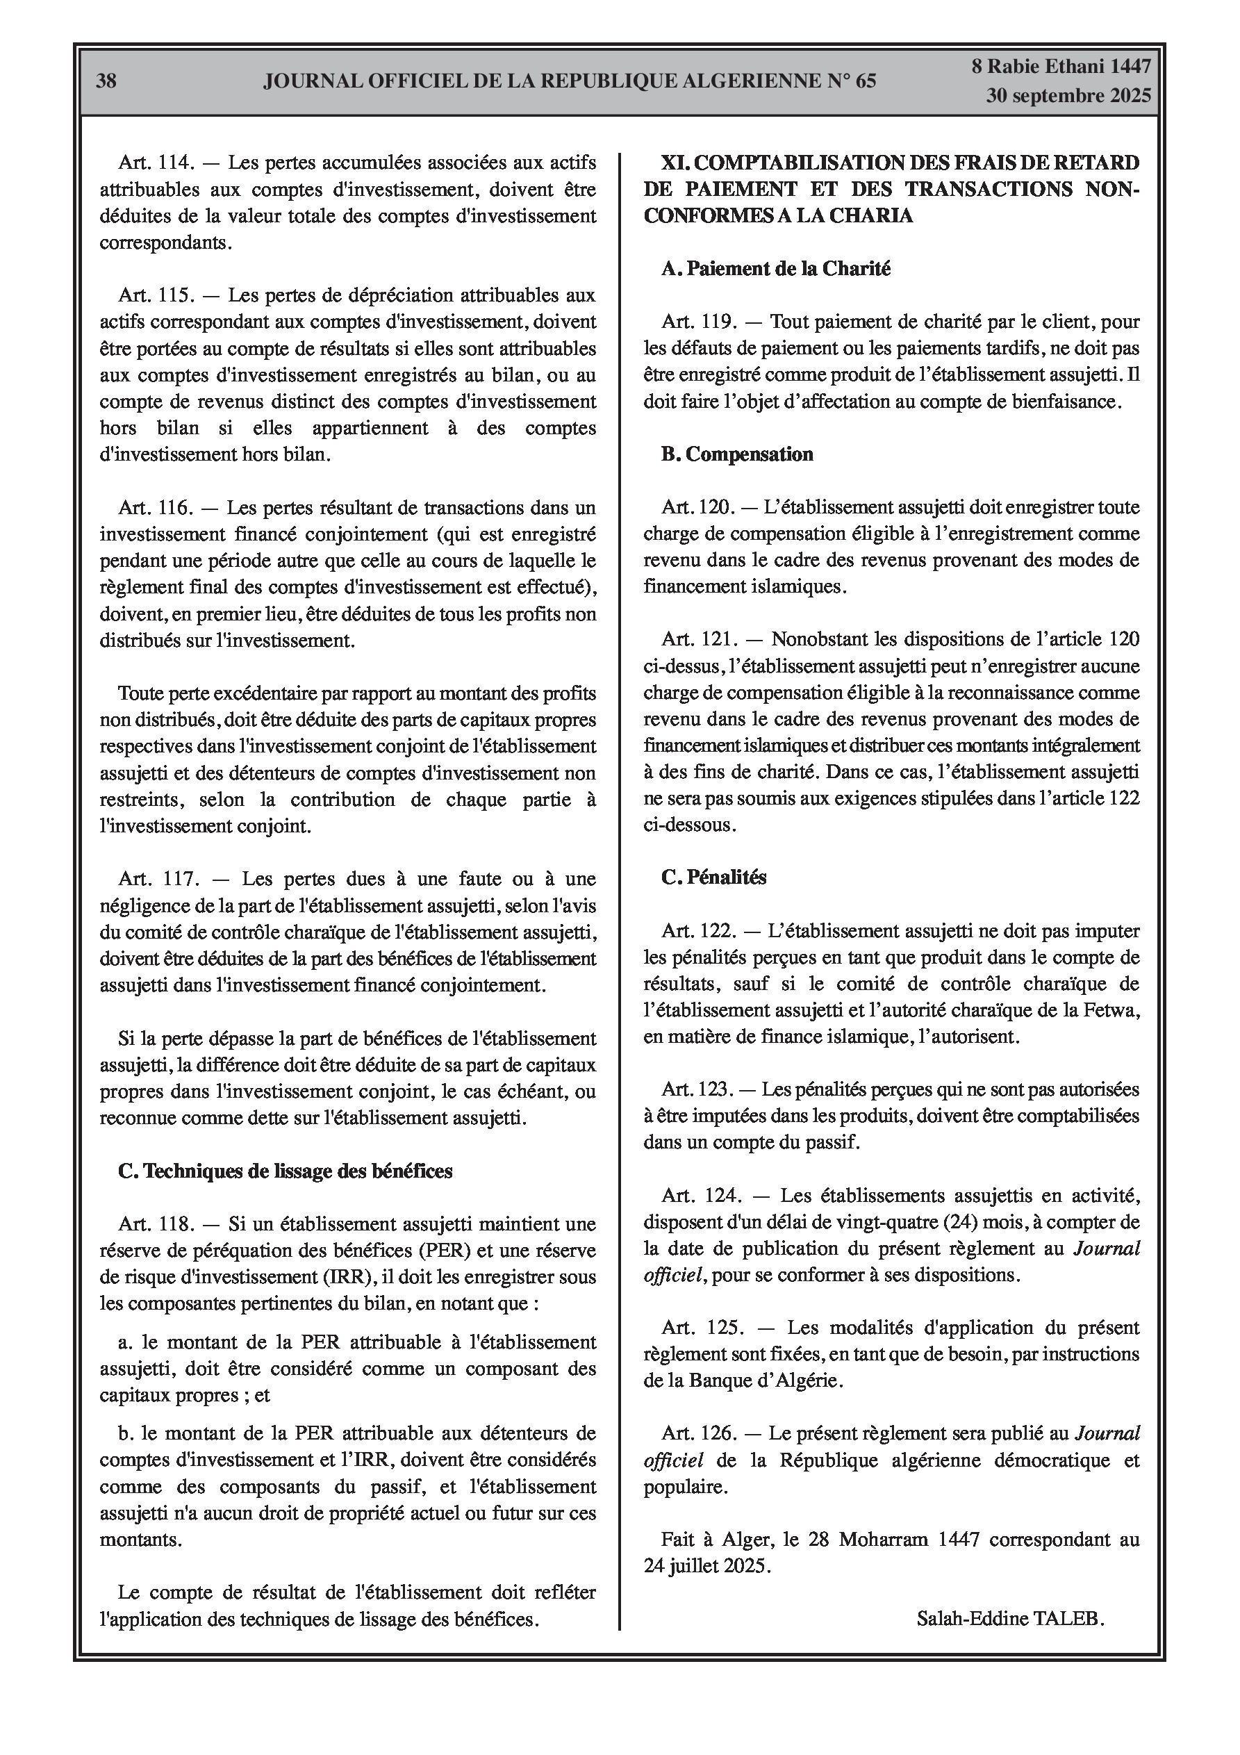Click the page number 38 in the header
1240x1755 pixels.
tap(106, 81)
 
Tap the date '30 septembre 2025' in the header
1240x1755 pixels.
tap(1068, 96)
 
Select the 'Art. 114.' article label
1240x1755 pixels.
tap(158, 163)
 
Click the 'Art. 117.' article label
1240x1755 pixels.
tap(158, 879)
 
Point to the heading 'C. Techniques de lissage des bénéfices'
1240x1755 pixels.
tap(285, 1171)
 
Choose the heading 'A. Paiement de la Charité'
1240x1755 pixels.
tap(775, 269)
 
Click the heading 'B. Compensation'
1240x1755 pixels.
tap(737, 455)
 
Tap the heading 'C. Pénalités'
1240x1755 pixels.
tap(713, 877)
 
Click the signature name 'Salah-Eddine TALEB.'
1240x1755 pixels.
tap(1010, 1618)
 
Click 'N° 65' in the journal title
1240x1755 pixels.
tap(851, 81)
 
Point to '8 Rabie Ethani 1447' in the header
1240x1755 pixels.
tap(1060, 67)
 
